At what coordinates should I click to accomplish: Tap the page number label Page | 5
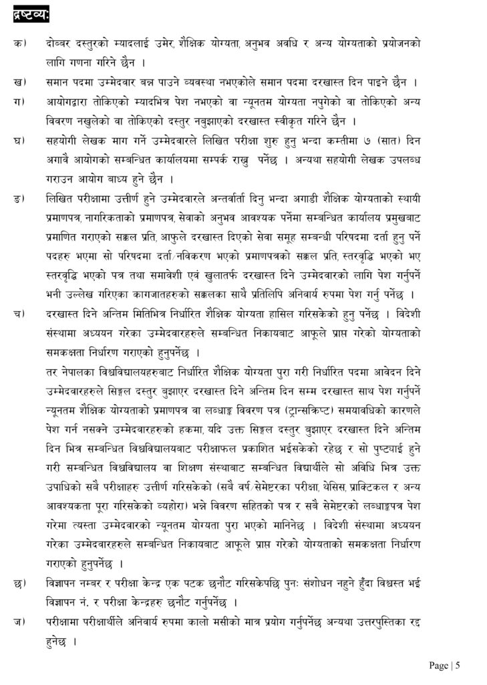pos(445,665)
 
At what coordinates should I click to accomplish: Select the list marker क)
pos(20,43)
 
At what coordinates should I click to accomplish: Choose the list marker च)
pos(20,314)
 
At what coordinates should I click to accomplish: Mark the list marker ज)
pos(20,621)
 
